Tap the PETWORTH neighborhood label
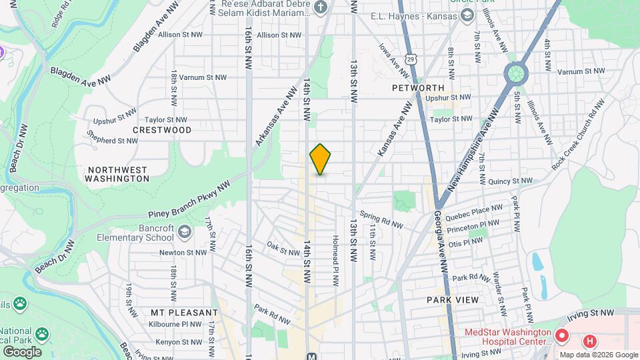click(x=418, y=88)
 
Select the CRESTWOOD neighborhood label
click(x=162, y=130)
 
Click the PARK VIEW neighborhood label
click(x=453, y=300)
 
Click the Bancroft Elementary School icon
click(x=185, y=231)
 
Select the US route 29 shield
click(x=413, y=60)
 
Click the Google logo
click(x=22, y=351)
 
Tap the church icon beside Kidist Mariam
click(x=321, y=8)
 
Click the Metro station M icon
click(x=311, y=356)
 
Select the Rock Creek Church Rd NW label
click(x=578, y=133)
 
